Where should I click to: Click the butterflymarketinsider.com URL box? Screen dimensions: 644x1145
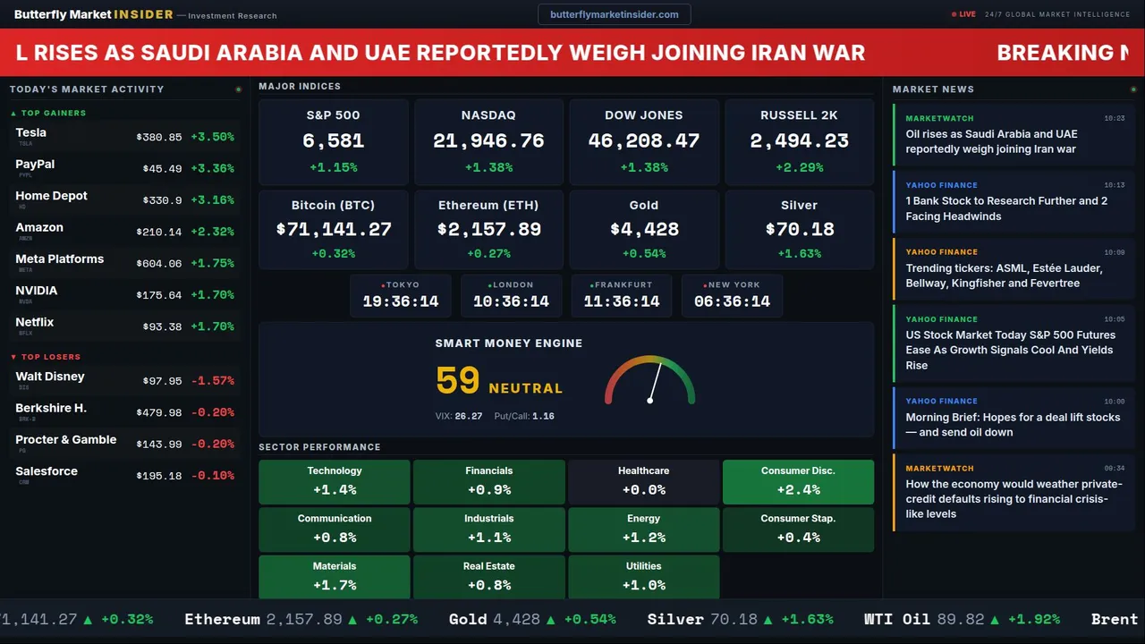coord(614,14)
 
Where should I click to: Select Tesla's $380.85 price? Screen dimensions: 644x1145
coord(159,138)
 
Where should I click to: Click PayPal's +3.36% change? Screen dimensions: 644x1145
coord(212,169)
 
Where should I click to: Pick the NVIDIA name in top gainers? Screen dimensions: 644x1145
coord(37,291)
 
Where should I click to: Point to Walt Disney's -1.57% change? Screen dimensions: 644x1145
coord(212,381)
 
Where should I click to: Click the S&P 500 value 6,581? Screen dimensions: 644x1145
coord(333,141)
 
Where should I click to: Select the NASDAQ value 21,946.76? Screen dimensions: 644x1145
coord(488,141)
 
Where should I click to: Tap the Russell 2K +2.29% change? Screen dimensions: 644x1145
coord(799,167)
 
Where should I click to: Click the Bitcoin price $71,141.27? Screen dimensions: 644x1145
coord(333,230)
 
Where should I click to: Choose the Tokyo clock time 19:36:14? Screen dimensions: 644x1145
coord(401,301)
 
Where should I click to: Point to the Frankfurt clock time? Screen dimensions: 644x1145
coord(621,301)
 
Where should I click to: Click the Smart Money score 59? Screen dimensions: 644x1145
coord(458,381)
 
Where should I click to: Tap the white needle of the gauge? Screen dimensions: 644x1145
coord(656,381)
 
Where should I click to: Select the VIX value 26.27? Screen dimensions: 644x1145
coord(468,416)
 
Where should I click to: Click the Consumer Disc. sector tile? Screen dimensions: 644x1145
coord(798,481)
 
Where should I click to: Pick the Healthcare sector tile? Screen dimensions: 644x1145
coord(643,481)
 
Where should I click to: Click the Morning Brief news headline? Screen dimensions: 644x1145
coord(1013,424)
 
